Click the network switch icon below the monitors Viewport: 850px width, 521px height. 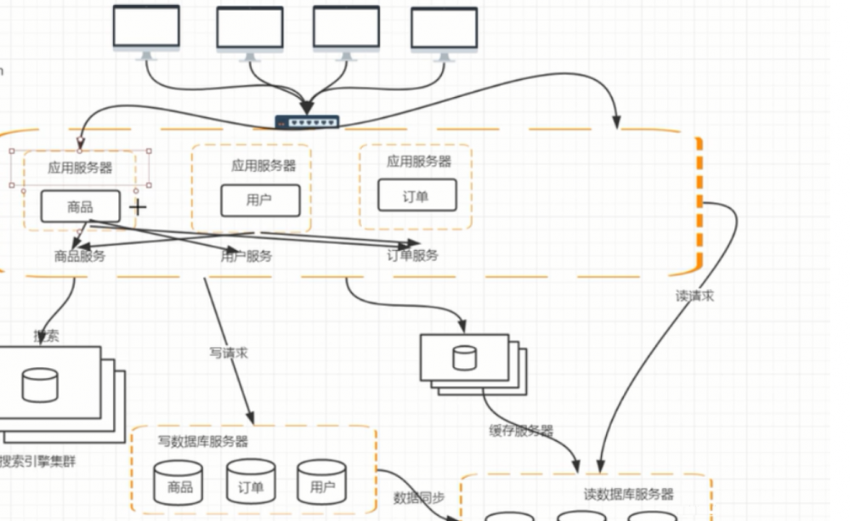(307, 122)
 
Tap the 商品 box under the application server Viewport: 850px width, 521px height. (81, 206)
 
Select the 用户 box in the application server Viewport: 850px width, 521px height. (260, 201)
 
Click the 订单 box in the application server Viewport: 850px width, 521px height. (416, 195)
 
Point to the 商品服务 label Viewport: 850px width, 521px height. (79, 256)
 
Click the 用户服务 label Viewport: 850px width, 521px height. (246, 256)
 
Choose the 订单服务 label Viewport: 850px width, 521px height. (413, 255)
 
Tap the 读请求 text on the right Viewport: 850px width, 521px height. (694, 296)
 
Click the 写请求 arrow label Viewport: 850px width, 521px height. (229, 352)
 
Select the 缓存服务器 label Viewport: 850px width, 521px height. (521, 431)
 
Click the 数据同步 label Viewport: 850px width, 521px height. (418, 497)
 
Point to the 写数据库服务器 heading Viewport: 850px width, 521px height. (203, 441)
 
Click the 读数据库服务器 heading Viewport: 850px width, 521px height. (628, 494)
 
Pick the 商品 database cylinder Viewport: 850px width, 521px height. (178, 484)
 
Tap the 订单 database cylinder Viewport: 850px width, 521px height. (251, 484)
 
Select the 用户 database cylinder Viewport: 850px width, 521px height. (321, 484)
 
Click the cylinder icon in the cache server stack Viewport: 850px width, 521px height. (464, 357)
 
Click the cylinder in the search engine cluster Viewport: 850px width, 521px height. (40, 385)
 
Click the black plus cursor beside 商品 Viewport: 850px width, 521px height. (138, 206)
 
